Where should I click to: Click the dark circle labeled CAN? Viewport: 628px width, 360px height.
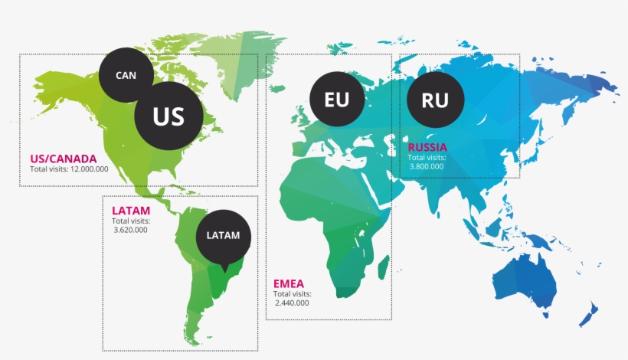126,76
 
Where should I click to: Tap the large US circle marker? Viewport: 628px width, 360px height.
169,116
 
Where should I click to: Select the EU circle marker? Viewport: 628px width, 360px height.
336,100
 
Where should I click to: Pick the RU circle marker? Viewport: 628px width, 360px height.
435,100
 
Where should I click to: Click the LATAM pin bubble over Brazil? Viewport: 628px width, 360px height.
223,236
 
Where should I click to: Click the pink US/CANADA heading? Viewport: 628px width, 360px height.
64,159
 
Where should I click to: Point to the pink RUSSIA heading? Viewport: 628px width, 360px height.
427,147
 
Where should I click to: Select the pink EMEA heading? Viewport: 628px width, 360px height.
288,284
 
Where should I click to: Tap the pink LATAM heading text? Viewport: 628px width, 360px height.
130,211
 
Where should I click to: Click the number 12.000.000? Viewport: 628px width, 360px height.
90,169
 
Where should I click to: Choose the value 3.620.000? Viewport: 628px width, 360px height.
130,230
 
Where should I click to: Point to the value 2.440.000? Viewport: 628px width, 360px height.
292,303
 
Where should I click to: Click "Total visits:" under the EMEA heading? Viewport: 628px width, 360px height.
292,294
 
